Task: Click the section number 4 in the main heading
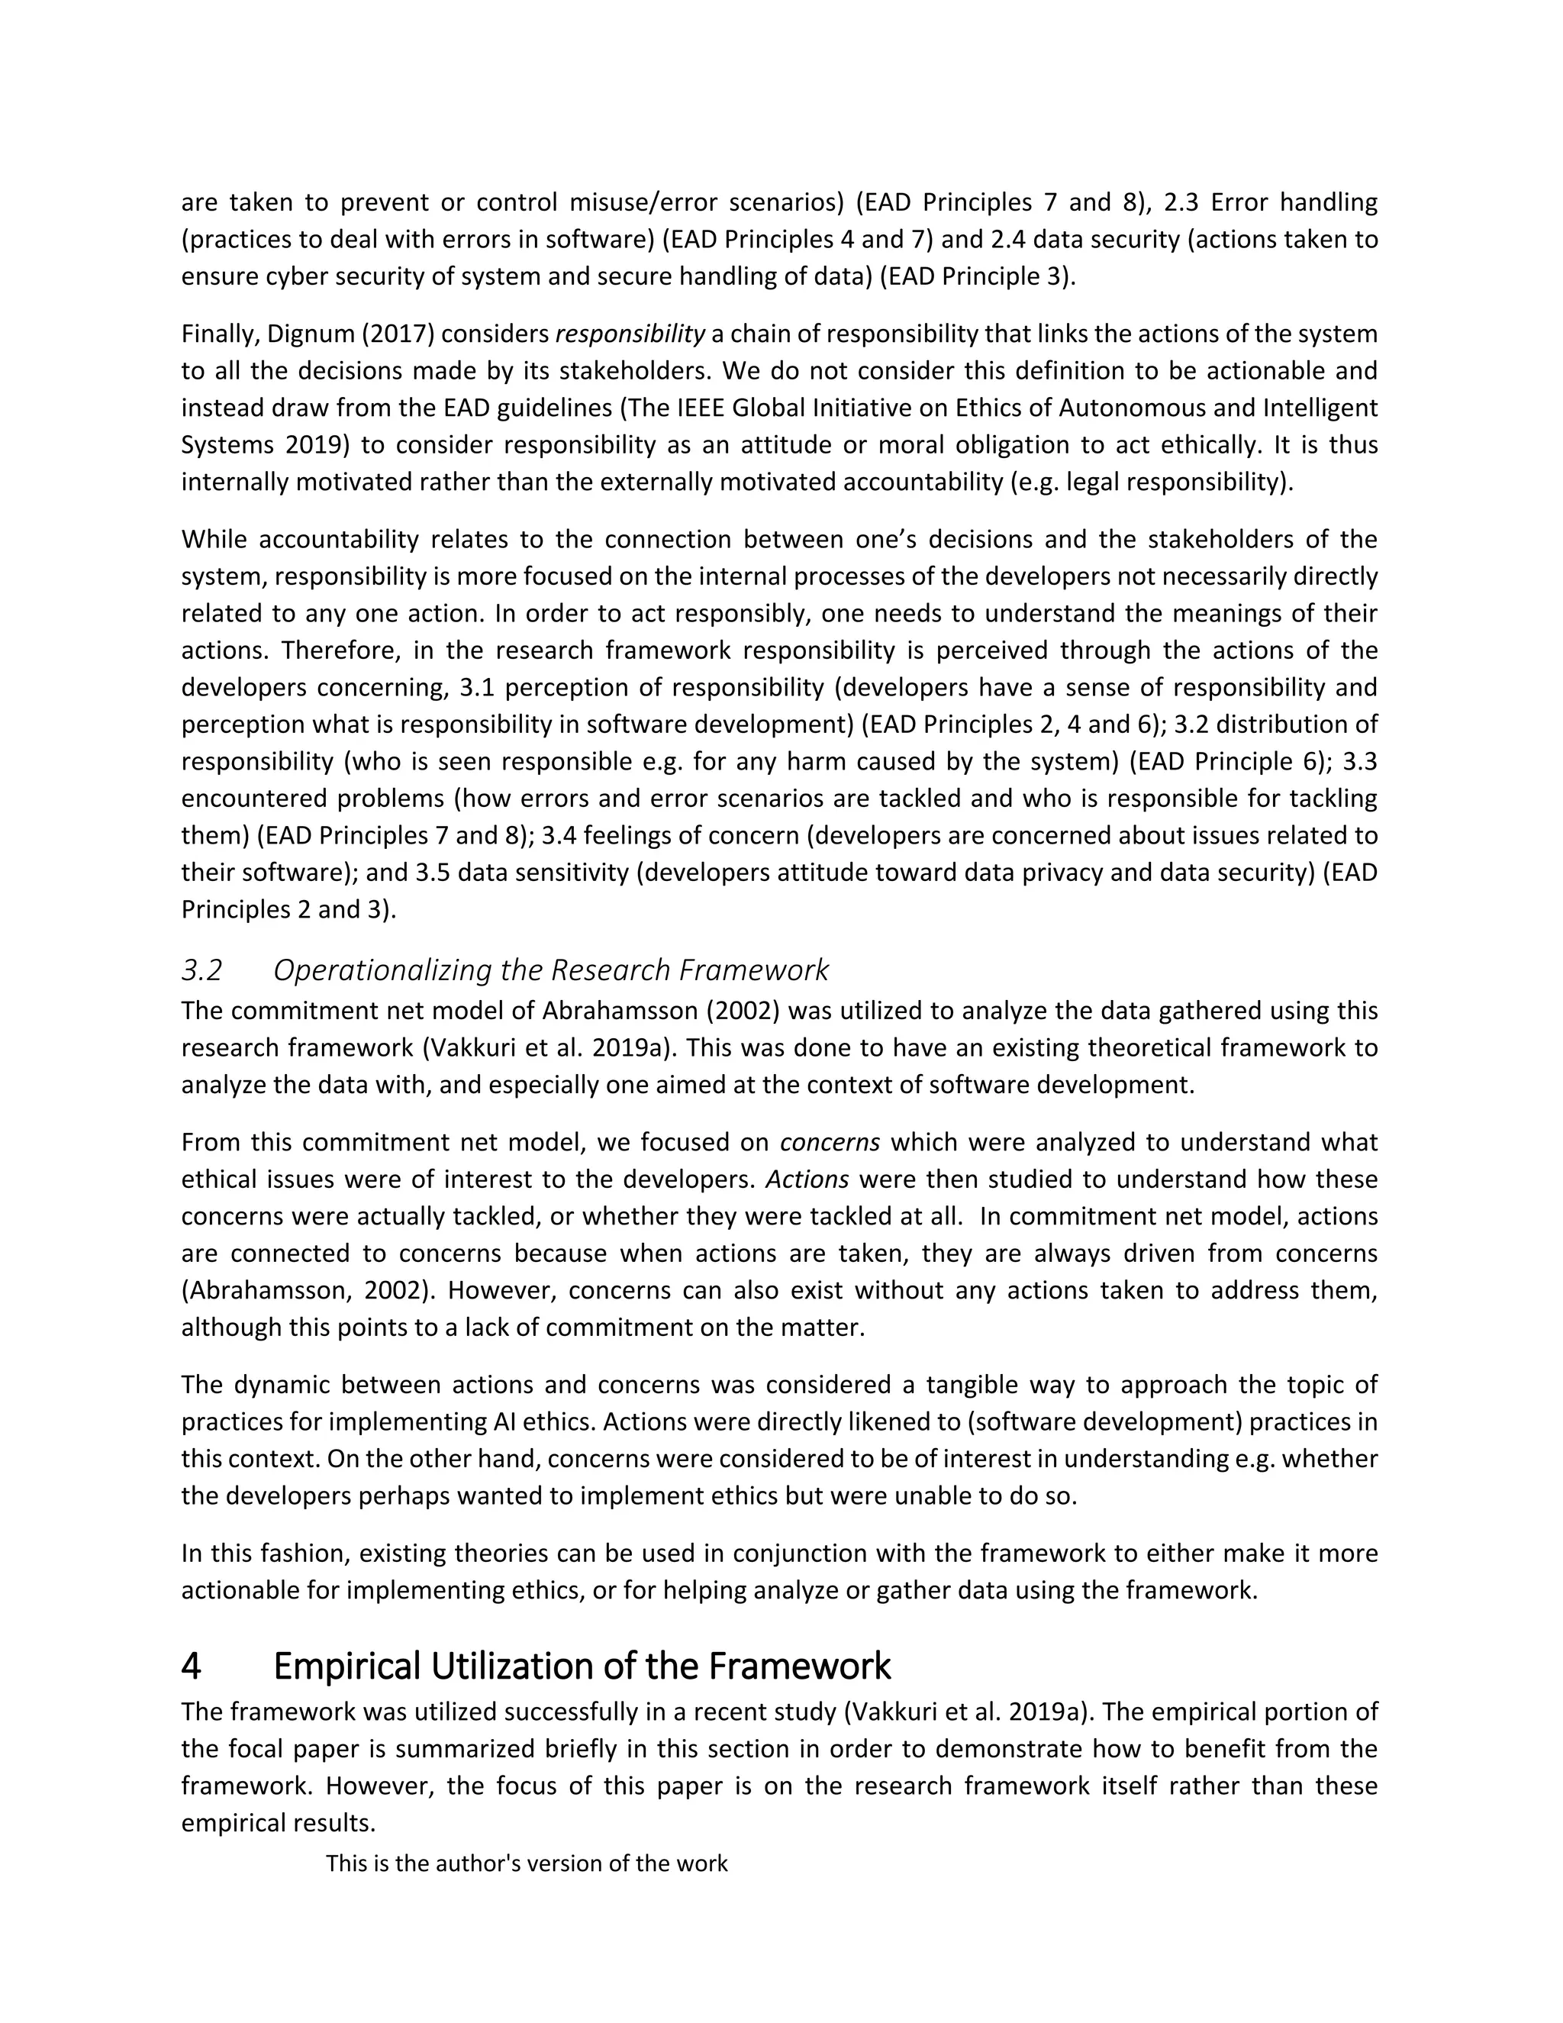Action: (191, 1666)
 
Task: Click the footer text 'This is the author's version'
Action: (526, 1863)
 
